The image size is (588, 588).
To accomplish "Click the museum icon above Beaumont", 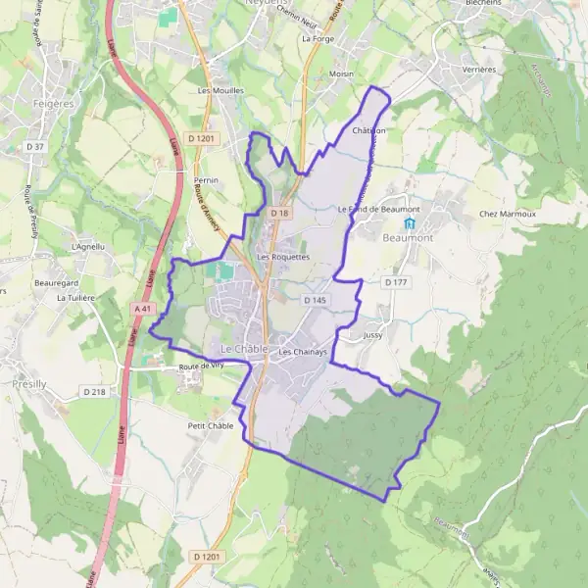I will pyautogui.click(x=410, y=223).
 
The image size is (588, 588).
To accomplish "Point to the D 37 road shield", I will pyautogui.click(x=36, y=146).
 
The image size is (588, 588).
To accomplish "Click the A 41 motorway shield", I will pyautogui.click(x=143, y=308).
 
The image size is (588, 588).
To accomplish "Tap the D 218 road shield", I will pyautogui.click(x=94, y=392).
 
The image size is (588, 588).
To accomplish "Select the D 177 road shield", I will pyautogui.click(x=395, y=281).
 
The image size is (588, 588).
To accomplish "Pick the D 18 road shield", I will pyautogui.click(x=279, y=213).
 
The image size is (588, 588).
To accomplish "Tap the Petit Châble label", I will pyautogui.click(x=209, y=426).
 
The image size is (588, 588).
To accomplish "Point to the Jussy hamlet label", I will pyautogui.click(x=372, y=335).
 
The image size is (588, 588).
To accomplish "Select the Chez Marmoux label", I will pyautogui.click(x=508, y=214).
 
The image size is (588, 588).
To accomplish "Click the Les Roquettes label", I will pyautogui.click(x=282, y=257).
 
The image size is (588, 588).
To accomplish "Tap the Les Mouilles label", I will pyautogui.click(x=219, y=90).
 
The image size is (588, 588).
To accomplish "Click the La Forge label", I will pyautogui.click(x=318, y=39).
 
